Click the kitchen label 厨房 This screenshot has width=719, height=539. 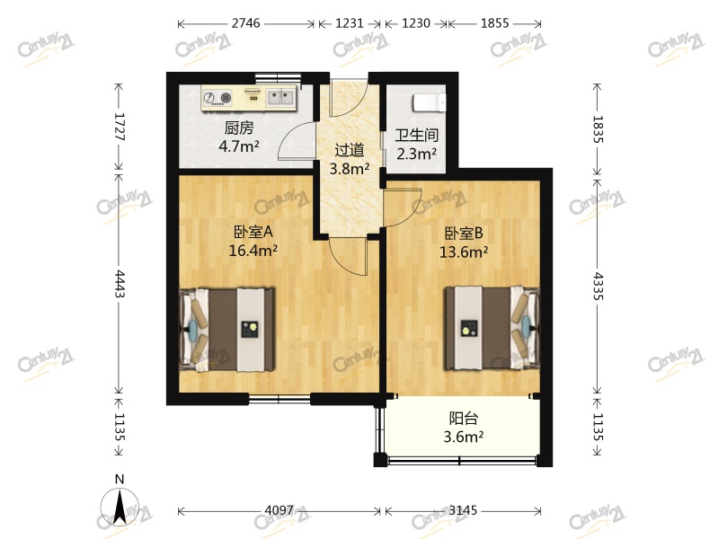238,127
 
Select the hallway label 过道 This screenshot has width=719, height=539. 349,151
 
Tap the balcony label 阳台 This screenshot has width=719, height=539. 463,418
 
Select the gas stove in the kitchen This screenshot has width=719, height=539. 220,97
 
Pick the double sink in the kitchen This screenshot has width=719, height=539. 280,94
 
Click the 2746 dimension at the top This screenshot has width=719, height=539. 245,24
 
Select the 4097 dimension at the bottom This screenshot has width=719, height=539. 280,511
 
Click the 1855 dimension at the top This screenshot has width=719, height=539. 493,24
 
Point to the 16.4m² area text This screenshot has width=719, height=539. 253,251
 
